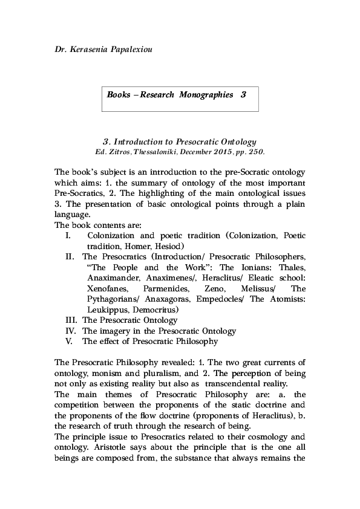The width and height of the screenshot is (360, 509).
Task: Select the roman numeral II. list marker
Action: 70,257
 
